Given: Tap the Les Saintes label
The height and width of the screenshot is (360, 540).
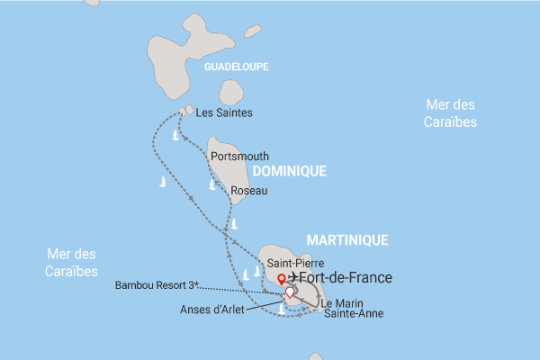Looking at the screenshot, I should pos(223,112).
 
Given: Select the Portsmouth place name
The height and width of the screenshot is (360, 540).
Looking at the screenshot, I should pos(238,156).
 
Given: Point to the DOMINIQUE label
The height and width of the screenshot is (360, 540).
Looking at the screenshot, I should pos(288,170).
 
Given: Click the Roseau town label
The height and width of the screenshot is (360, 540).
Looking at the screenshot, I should pos(248,190).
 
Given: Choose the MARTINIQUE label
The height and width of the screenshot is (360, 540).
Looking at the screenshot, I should pos(347,240).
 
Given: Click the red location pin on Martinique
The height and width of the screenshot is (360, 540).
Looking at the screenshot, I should pos(281,278).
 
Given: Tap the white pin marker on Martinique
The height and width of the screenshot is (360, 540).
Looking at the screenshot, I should pos(290,292).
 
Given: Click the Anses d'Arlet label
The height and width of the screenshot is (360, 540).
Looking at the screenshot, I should pos(212,310).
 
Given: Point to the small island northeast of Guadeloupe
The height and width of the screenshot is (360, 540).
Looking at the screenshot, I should pos(253,31).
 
